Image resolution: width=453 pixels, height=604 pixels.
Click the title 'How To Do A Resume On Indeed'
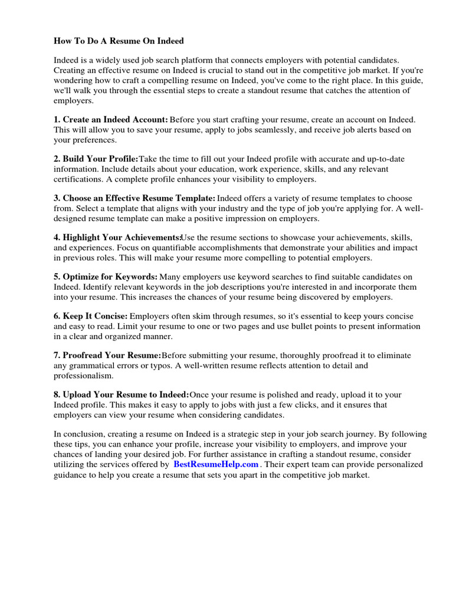coord(119,41)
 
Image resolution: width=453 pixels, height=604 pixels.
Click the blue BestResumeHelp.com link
coord(216,464)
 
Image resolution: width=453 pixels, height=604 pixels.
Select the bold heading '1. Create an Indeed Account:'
coord(111,120)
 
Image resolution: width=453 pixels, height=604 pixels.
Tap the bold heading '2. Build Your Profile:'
coord(96,159)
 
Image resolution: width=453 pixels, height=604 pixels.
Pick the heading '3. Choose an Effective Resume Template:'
coord(134,198)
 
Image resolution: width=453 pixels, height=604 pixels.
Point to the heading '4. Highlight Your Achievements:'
coord(117,237)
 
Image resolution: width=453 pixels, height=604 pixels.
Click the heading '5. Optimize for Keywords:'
coord(106,277)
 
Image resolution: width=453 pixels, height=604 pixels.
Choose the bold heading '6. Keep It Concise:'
coord(90,316)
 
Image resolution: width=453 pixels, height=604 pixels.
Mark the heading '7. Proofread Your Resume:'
coord(107,356)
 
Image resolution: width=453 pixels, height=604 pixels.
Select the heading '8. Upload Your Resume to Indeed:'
coord(122,395)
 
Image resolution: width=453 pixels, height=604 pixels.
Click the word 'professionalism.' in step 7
coord(84,375)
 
